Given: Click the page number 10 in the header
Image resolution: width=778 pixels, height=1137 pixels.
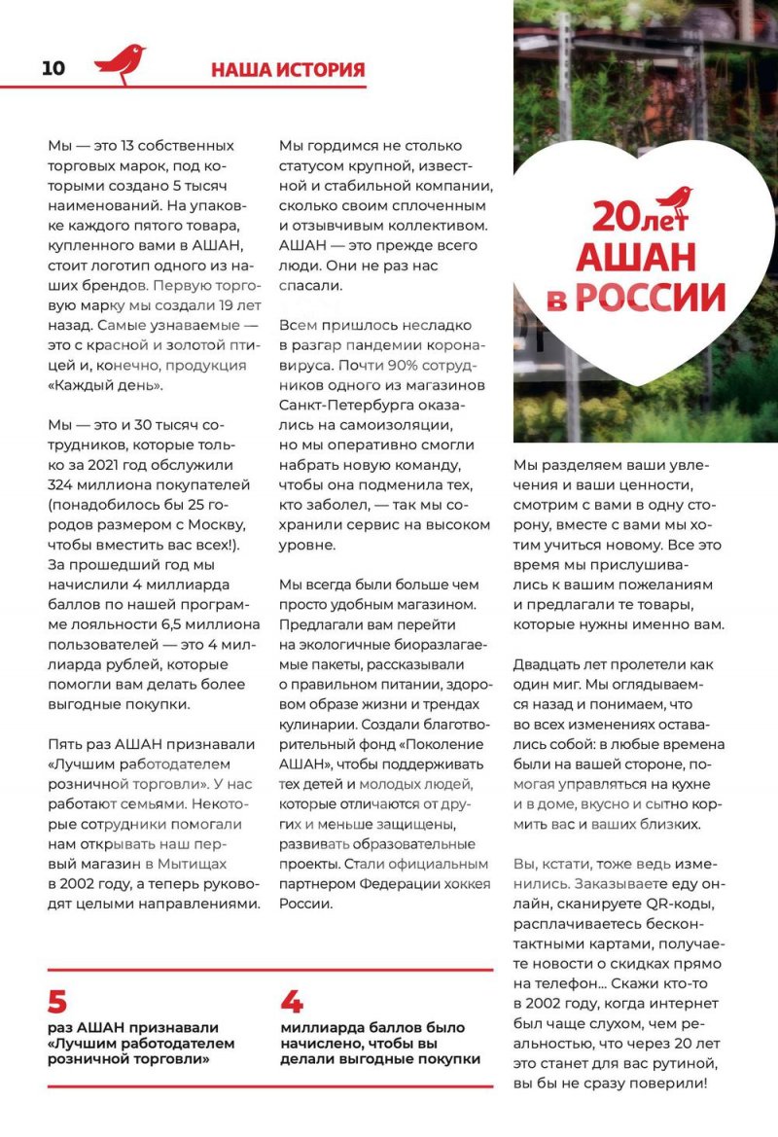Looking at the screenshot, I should (53, 68).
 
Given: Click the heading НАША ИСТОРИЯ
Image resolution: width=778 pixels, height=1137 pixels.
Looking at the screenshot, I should (288, 69).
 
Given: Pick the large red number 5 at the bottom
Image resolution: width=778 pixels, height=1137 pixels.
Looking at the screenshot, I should (57, 1003).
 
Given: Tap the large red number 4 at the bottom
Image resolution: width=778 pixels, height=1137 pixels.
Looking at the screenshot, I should (292, 1003).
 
